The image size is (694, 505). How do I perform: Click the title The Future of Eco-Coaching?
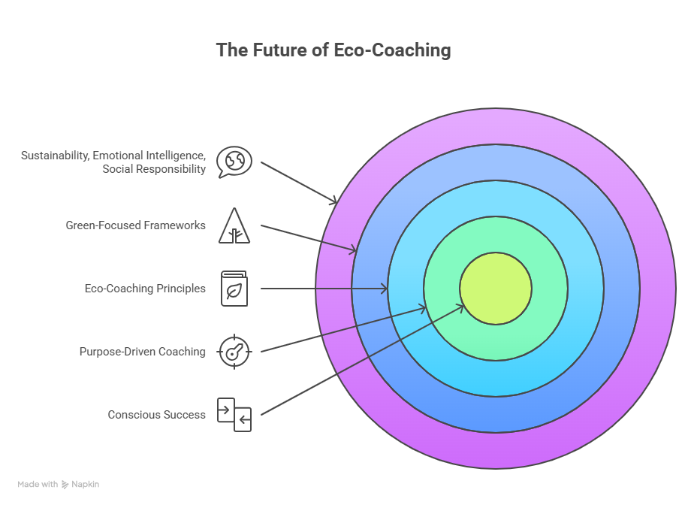pyautogui.click(x=334, y=51)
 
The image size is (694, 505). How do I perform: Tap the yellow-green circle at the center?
pyautogui.click(x=496, y=289)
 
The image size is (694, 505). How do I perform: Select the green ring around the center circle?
pyautogui.click(x=496, y=342)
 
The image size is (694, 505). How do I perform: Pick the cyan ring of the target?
pyautogui.click(x=496, y=379)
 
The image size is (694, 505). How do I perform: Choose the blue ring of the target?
pyautogui.click(x=496, y=415)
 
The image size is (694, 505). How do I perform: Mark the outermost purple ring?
pyautogui.click(x=496, y=451)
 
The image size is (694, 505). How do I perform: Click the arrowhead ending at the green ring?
pyautogui.click(x=424, y=307)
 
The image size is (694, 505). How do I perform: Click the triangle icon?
pyautogui.click(x=234, y=228)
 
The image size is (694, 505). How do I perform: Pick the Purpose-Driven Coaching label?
pyautogui.click(x=143, y=353)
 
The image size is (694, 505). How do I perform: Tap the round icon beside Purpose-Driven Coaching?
pyautogui.click(x=234, y=353)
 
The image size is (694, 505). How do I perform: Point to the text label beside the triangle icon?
pyautogui.click(x=136, y=228)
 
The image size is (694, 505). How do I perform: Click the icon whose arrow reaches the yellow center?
pyautogui.click(x=234, y=411)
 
